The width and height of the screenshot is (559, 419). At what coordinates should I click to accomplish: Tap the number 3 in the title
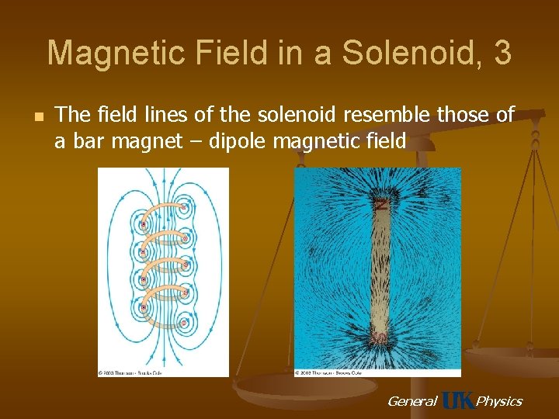[x=502, y=54]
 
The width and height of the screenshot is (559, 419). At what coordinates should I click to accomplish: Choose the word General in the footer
[x=411, y=400]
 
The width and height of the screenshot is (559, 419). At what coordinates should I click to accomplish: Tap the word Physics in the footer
[x=498, y=400]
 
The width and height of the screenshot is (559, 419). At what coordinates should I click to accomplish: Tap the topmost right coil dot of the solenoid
[x=184, y=207]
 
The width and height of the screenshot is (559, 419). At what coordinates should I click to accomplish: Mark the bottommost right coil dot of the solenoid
[x=184, y=320]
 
